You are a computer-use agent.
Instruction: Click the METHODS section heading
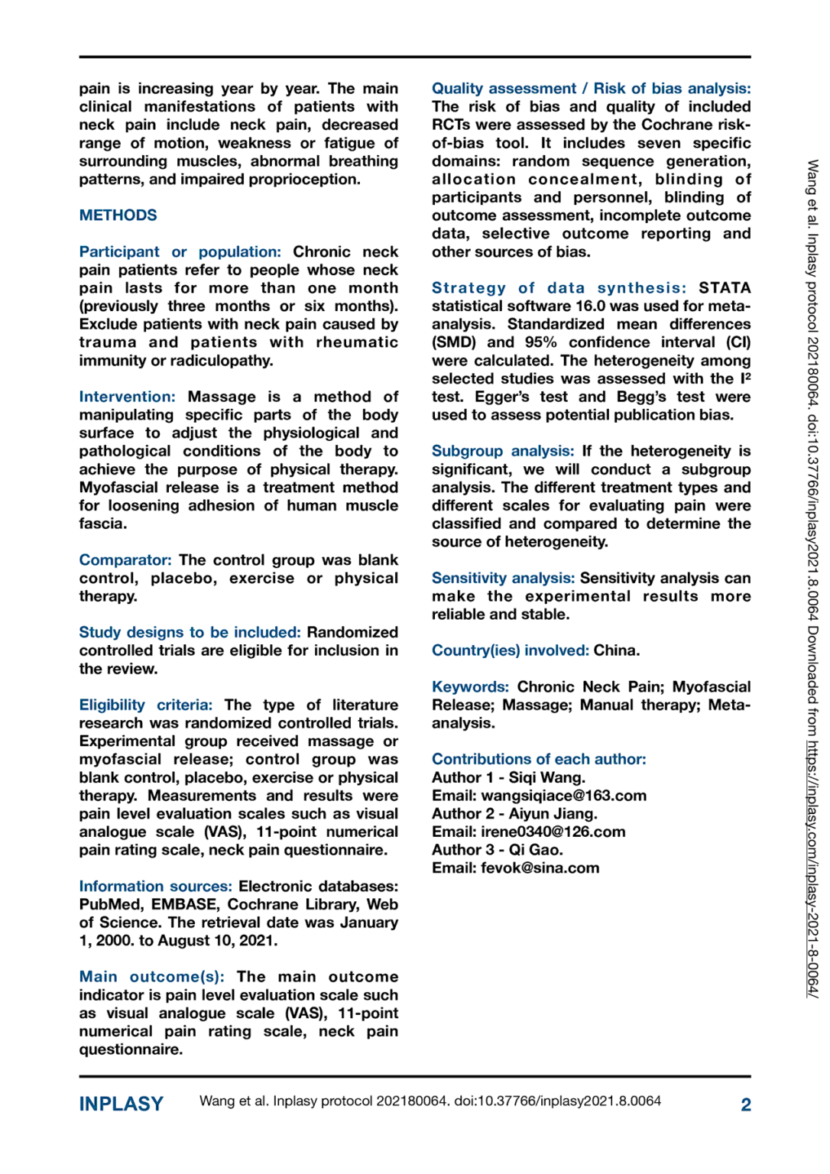118,216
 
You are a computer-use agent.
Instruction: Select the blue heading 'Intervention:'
127,397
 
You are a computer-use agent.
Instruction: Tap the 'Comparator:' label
125,560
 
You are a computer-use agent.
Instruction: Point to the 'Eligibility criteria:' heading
145,705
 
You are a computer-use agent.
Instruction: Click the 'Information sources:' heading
155,887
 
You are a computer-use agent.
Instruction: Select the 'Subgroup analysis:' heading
502,451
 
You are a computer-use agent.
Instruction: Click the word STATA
725,288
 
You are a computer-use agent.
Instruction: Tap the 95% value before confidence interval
540,342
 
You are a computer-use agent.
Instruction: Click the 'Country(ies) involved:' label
510,650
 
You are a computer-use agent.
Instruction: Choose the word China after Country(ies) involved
616,650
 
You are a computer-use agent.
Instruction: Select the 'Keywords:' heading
470,687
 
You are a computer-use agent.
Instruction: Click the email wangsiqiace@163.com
563,796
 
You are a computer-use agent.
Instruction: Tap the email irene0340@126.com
553,832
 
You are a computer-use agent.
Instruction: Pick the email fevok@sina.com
540,868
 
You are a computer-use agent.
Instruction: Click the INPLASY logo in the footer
121,1104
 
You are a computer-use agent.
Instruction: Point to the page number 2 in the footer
746,1104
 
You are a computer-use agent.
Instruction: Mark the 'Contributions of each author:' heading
539,760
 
